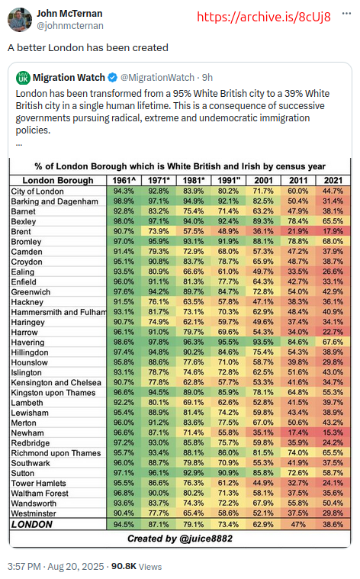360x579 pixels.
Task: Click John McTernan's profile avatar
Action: (20, 20)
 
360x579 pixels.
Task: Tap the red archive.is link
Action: (264, 17)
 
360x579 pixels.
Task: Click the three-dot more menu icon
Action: (346, 13)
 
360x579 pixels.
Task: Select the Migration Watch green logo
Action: (23, 78)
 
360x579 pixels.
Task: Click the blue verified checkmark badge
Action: (113, 78)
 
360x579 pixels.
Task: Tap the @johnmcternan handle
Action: (70, 25)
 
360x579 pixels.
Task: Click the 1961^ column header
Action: (124, 180)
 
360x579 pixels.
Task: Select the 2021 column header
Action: (333, 180)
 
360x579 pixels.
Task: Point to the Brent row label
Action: (21, 232)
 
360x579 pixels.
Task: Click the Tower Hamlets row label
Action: (38, 483)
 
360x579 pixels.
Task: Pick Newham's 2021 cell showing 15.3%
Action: (333, 433)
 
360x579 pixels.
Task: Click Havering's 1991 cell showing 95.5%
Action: (229, 342)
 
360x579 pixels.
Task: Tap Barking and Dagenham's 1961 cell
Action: (124, 201)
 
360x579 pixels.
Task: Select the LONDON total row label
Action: (32, 524)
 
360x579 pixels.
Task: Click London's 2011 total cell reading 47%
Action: (298, 524)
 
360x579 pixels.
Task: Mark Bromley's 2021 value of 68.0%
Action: (333, 242)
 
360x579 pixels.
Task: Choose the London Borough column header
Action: (58, 180)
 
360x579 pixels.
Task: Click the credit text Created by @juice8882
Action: (180, 539)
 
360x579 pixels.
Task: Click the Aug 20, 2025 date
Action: (76, 567)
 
